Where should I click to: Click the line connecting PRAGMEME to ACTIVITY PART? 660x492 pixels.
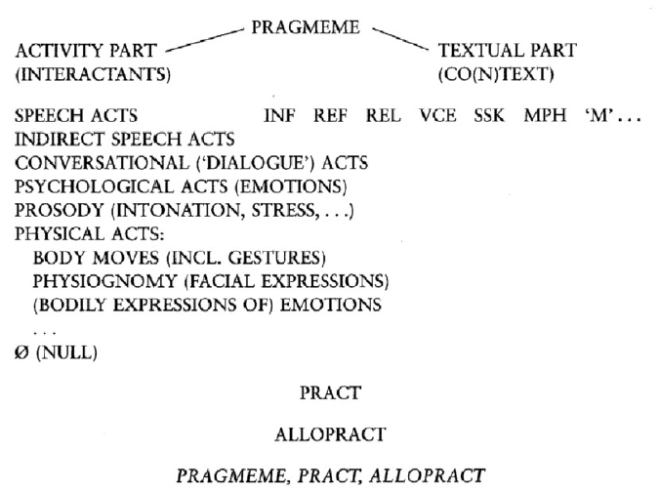click(204, 40)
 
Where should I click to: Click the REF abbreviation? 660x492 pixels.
click(330, 115)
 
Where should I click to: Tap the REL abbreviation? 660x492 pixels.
click(382, 115)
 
